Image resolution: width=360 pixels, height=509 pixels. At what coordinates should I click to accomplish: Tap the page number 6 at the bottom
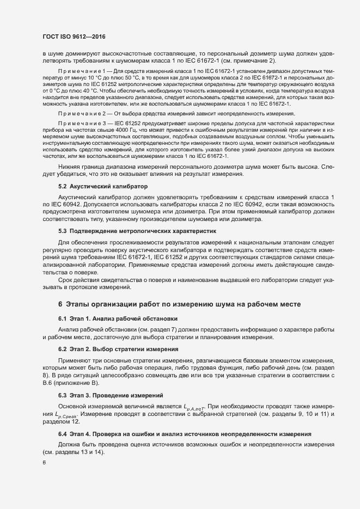coord(44,462)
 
